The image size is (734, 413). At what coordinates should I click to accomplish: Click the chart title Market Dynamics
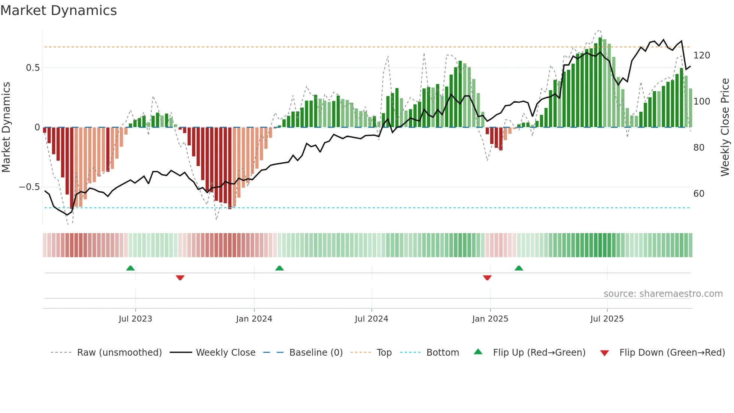click(x=59, y=10)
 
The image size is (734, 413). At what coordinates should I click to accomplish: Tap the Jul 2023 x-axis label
click(x=135, y=319)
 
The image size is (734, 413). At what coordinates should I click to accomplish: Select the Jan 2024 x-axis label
click(x=254, y=319)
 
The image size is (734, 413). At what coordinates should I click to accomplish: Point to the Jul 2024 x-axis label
click(x=371, y=319)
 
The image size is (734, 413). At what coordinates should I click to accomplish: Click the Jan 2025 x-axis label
click(x=490, y=319)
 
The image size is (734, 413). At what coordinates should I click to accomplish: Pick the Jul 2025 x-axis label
click(x=607, y=319)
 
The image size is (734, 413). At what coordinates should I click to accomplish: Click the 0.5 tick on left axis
click(x=33, y=68)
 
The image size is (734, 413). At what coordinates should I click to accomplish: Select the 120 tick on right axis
click(x=701, y=55)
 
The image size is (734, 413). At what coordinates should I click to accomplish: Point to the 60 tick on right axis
click(x=699, y=194)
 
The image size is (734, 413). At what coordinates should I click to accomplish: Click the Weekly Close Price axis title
click(x=725, y=127)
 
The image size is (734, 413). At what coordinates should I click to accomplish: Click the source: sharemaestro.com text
click(x=663, y=294)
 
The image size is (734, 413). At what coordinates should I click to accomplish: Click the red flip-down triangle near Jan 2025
click(x=487, y=278)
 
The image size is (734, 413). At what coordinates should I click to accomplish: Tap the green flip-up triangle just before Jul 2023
click(x=130, y=268)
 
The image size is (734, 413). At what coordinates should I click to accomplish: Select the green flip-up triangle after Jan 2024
click(x=279, y=268)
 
